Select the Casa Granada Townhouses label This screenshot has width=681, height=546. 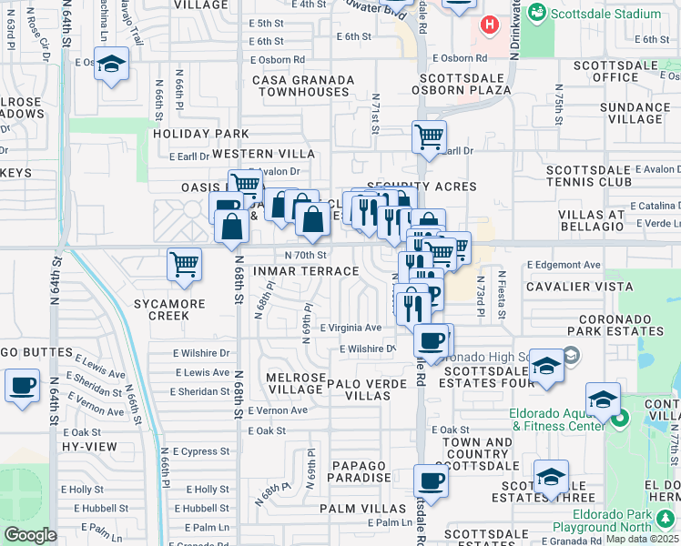304,86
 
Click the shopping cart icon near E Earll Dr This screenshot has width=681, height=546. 429,137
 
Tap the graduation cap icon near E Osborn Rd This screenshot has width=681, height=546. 111,64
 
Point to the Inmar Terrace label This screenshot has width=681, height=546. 306,271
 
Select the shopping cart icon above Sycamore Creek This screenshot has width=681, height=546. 184,265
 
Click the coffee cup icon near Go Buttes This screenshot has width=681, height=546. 22,384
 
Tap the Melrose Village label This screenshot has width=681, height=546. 294,382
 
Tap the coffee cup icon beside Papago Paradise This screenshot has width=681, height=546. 431,480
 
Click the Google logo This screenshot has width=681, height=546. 30,535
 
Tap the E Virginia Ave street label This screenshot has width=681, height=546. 351,328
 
